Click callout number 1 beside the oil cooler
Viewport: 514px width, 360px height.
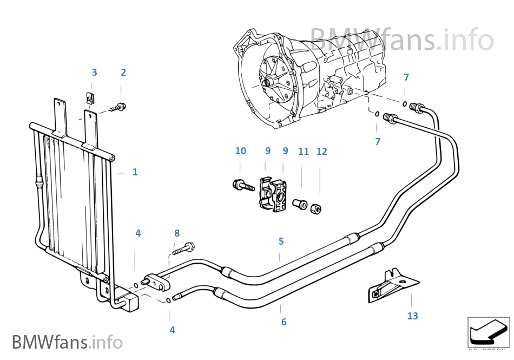[135, 172]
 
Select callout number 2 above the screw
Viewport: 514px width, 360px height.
[123, 73]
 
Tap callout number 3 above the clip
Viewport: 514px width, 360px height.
[94, 73]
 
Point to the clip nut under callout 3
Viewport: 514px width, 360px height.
[91, 98]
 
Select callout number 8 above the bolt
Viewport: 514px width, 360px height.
[177, 234]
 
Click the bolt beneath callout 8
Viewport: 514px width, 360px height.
[183, 250]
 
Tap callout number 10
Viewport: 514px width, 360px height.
[240, 151]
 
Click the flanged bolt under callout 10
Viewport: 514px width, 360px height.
[244, 186]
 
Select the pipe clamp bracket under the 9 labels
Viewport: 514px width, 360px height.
[274, 193]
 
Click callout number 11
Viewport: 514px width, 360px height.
[304, 152]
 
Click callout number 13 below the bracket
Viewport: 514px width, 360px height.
[412, 316]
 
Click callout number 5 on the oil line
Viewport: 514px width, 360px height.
[281, 241]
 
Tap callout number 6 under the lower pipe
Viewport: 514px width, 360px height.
[284, 322]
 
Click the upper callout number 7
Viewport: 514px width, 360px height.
[406, 77]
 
